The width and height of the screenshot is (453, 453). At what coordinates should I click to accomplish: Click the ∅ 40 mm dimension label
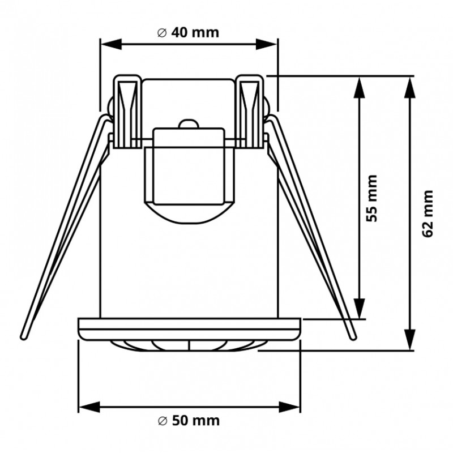pos(188,33)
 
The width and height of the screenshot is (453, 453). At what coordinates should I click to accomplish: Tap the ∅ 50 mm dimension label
pos(189,421)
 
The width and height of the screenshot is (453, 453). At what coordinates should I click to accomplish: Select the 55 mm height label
pos(372,198)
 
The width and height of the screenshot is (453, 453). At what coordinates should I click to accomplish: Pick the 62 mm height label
pos(428,213)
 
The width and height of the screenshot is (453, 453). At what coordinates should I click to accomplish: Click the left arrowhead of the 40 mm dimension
pos(110,45)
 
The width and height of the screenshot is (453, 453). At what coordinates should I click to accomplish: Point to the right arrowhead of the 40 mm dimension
pos(267,45)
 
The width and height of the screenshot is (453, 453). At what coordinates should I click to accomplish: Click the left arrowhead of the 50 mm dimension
pos(89,407)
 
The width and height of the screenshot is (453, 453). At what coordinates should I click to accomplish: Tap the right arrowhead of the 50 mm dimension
pos(289,407)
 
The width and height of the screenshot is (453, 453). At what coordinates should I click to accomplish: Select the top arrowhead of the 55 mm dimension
pos(360,87)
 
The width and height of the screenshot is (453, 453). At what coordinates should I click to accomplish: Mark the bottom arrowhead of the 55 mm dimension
pos(360,309)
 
